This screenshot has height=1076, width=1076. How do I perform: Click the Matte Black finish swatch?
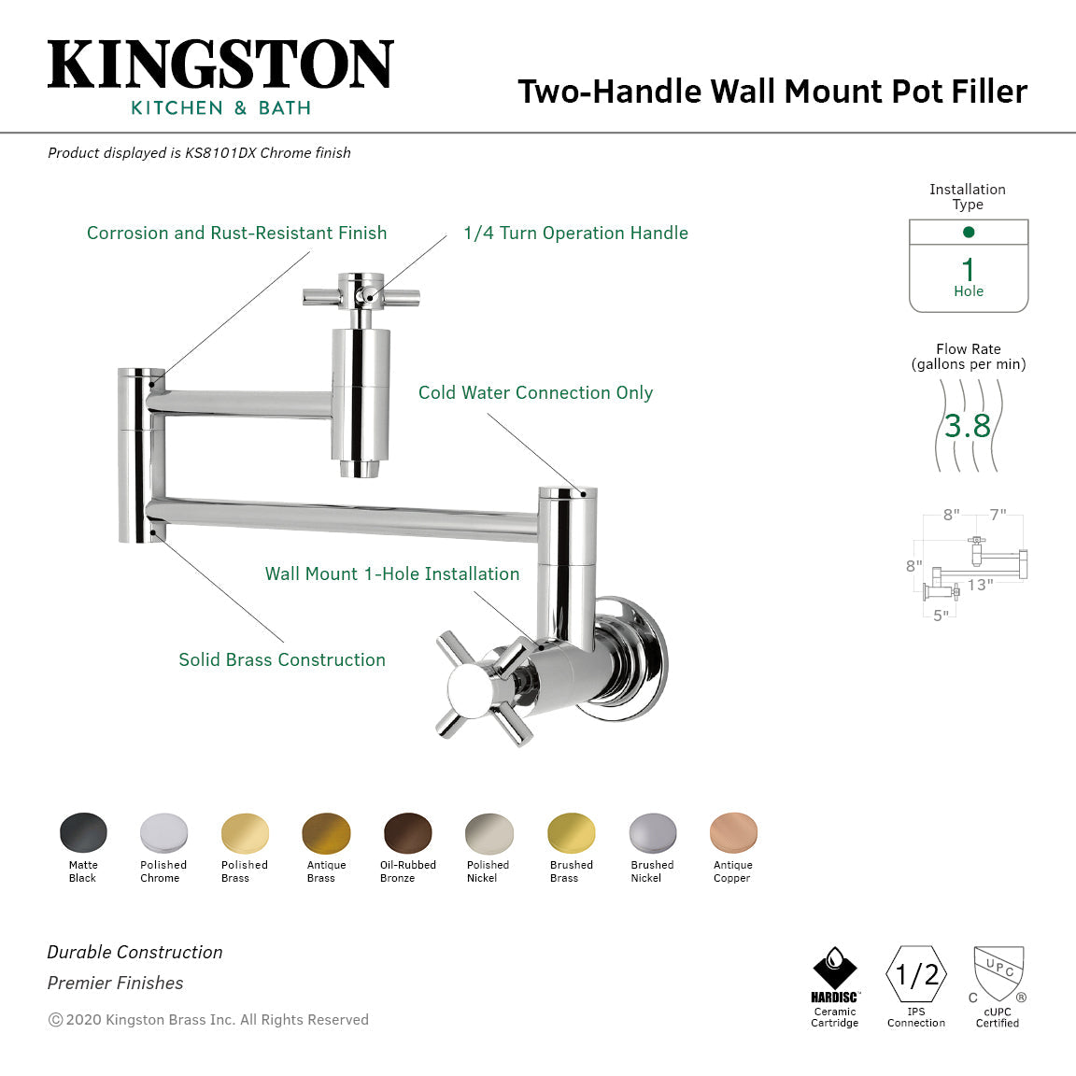coord(83,833)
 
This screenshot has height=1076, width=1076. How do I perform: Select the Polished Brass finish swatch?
coord(245,833)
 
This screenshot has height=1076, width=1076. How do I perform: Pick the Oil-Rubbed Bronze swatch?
coord(408,833)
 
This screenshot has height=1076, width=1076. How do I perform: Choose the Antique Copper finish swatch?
coord(733,833)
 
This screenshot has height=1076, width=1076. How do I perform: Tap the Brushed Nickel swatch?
coord(652,833)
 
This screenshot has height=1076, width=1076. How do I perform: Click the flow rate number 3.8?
coord(968,426)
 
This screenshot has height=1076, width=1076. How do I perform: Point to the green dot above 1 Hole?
coord(969,232)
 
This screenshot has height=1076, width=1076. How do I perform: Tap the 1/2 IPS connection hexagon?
coord(916,975)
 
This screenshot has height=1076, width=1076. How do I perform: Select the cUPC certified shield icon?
coord(998,974)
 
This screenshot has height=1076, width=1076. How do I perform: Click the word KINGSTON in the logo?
coord(220,65)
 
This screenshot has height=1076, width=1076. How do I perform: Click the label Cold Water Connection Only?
coord(535,393)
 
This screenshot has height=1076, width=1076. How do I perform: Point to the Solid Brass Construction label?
coord(282,660)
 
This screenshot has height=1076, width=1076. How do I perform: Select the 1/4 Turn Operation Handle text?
coord(575,234)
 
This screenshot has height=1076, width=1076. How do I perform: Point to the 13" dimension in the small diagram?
coord(980,585)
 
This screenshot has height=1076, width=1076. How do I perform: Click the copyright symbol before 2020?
coord(55,1020)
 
